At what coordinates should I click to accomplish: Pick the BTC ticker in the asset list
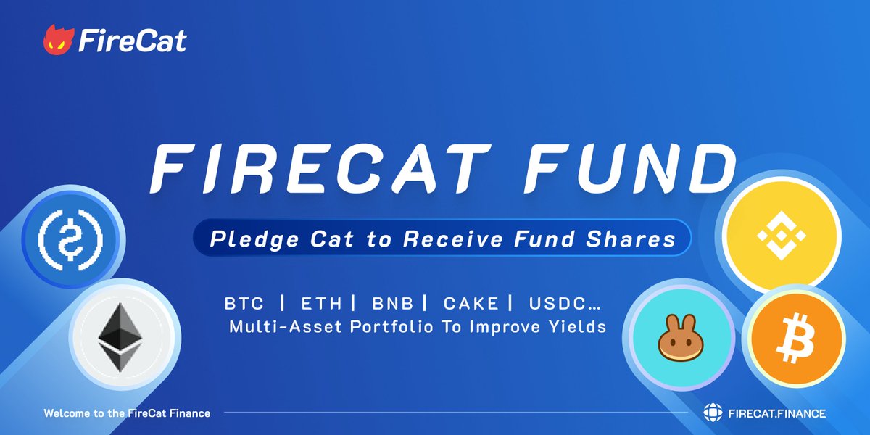[244, 302]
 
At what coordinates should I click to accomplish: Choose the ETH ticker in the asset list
[318, 302]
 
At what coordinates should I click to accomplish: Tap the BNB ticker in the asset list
[392, 302]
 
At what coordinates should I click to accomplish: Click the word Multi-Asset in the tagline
[286, 326]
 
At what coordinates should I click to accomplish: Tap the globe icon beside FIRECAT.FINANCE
[713, 413]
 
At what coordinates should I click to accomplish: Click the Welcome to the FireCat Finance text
[127, 413]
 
